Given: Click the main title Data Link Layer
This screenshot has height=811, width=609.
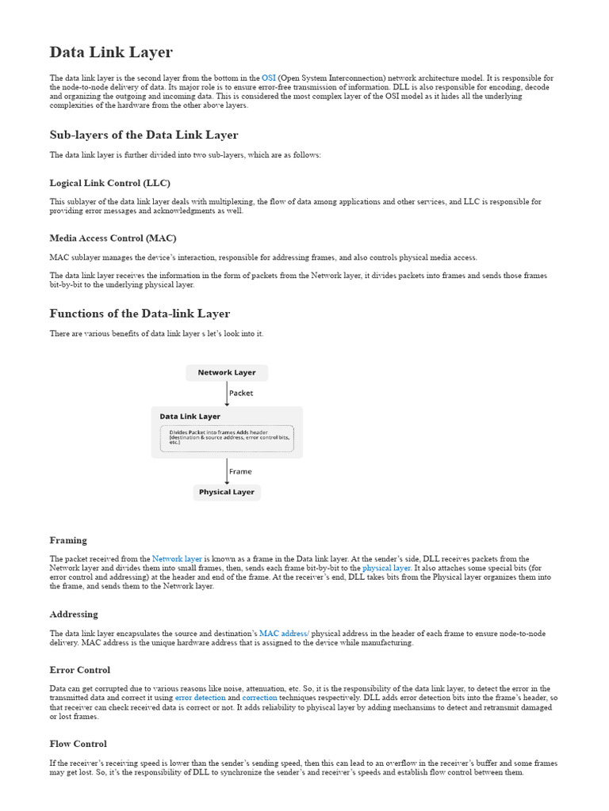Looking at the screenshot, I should click(x=111, y=52).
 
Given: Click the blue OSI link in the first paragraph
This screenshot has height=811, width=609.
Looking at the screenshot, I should click(x=268, y=78).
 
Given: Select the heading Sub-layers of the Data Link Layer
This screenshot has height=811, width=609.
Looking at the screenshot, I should click(x=144, y=135).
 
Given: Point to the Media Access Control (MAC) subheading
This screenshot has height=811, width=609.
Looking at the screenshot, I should click(x=113, y=238).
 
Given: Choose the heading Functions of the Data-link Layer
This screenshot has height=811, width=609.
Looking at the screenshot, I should click(x=140, y=313).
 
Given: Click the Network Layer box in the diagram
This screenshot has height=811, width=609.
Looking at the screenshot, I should click(x=226, y=372).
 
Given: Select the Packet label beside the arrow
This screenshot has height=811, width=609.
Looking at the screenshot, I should click(x=241, y=393).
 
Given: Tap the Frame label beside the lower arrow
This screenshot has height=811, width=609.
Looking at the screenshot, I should click(x=240, y=471).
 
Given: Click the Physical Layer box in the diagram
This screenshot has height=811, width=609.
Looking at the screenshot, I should click(x=226, y=492).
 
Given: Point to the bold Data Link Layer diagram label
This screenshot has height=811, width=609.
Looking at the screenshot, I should click(x=190, y=416).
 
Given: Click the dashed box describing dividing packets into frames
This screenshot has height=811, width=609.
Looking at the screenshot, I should click(x=226, y=437).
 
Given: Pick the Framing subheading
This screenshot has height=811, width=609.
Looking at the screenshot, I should click(x=68, y=540).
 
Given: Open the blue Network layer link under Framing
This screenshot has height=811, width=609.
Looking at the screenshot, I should click(x=177, y=559).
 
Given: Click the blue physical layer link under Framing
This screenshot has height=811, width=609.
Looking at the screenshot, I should click(x=386, y=568).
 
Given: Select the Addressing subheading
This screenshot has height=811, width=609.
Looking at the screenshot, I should click(x=74, y=614).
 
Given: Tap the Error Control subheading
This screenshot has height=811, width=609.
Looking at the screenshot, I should click(x=79, y=670).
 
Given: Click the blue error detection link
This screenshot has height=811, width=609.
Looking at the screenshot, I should click(x=201, y=698).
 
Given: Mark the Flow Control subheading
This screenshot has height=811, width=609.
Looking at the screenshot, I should click(x=78, y=744).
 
